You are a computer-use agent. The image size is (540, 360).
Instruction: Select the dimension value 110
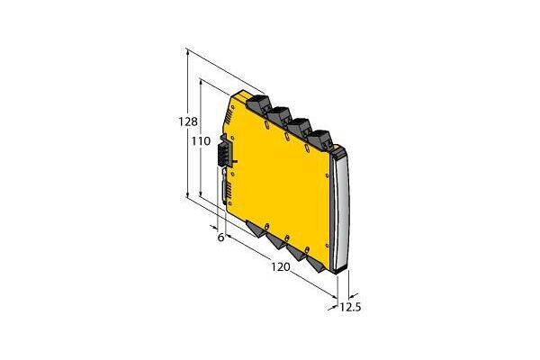tap(201, 141)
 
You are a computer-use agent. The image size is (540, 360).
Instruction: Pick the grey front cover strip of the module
tap(341, 212)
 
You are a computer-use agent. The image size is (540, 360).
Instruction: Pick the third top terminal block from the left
tap(301, 127)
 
